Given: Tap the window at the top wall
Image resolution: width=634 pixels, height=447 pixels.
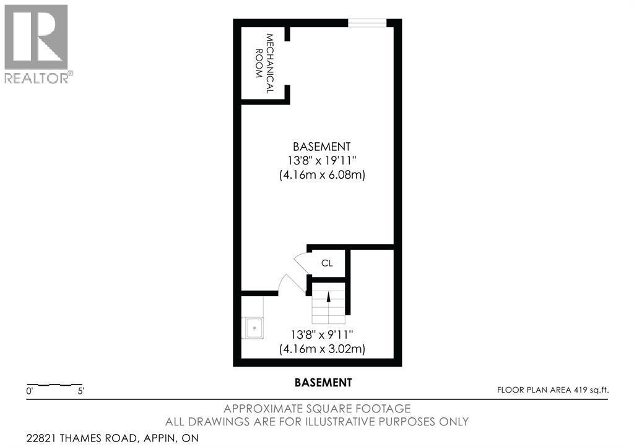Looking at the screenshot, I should [x=367, y=23].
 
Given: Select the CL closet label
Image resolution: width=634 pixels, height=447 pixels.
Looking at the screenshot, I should [x=326, y=263].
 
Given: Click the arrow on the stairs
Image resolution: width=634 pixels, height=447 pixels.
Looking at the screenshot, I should [x=328, y=297].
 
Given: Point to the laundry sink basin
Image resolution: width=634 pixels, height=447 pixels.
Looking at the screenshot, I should [x=254, y=327].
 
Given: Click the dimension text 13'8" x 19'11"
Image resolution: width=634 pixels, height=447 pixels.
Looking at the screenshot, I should [x=321, y=161].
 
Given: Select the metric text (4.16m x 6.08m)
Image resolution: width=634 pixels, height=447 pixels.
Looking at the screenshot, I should [x=321, y=175].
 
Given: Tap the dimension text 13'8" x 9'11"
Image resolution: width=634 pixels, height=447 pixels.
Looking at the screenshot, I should [x=321, y=334].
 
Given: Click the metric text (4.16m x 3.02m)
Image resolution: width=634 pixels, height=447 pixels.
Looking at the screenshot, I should [x=321, y=349].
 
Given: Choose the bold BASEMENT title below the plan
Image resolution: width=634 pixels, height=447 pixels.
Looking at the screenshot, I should [x=322, y=383].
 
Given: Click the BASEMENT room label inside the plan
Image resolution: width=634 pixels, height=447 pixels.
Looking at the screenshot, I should [x=321, y=147].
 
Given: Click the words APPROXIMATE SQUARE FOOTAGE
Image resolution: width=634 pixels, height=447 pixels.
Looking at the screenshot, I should [x=316, y=409].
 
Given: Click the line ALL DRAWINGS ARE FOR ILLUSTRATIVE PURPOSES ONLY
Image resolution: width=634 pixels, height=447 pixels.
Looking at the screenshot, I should [x=316, y=422].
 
